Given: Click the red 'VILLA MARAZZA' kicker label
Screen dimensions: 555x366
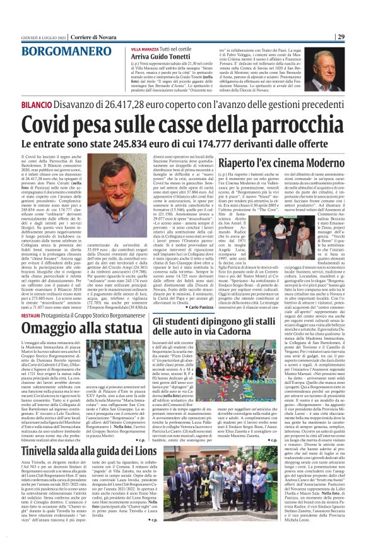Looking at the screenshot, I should click(x=145, y=48).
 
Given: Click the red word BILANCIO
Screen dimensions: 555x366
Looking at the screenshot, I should click(x=55, y=103).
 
